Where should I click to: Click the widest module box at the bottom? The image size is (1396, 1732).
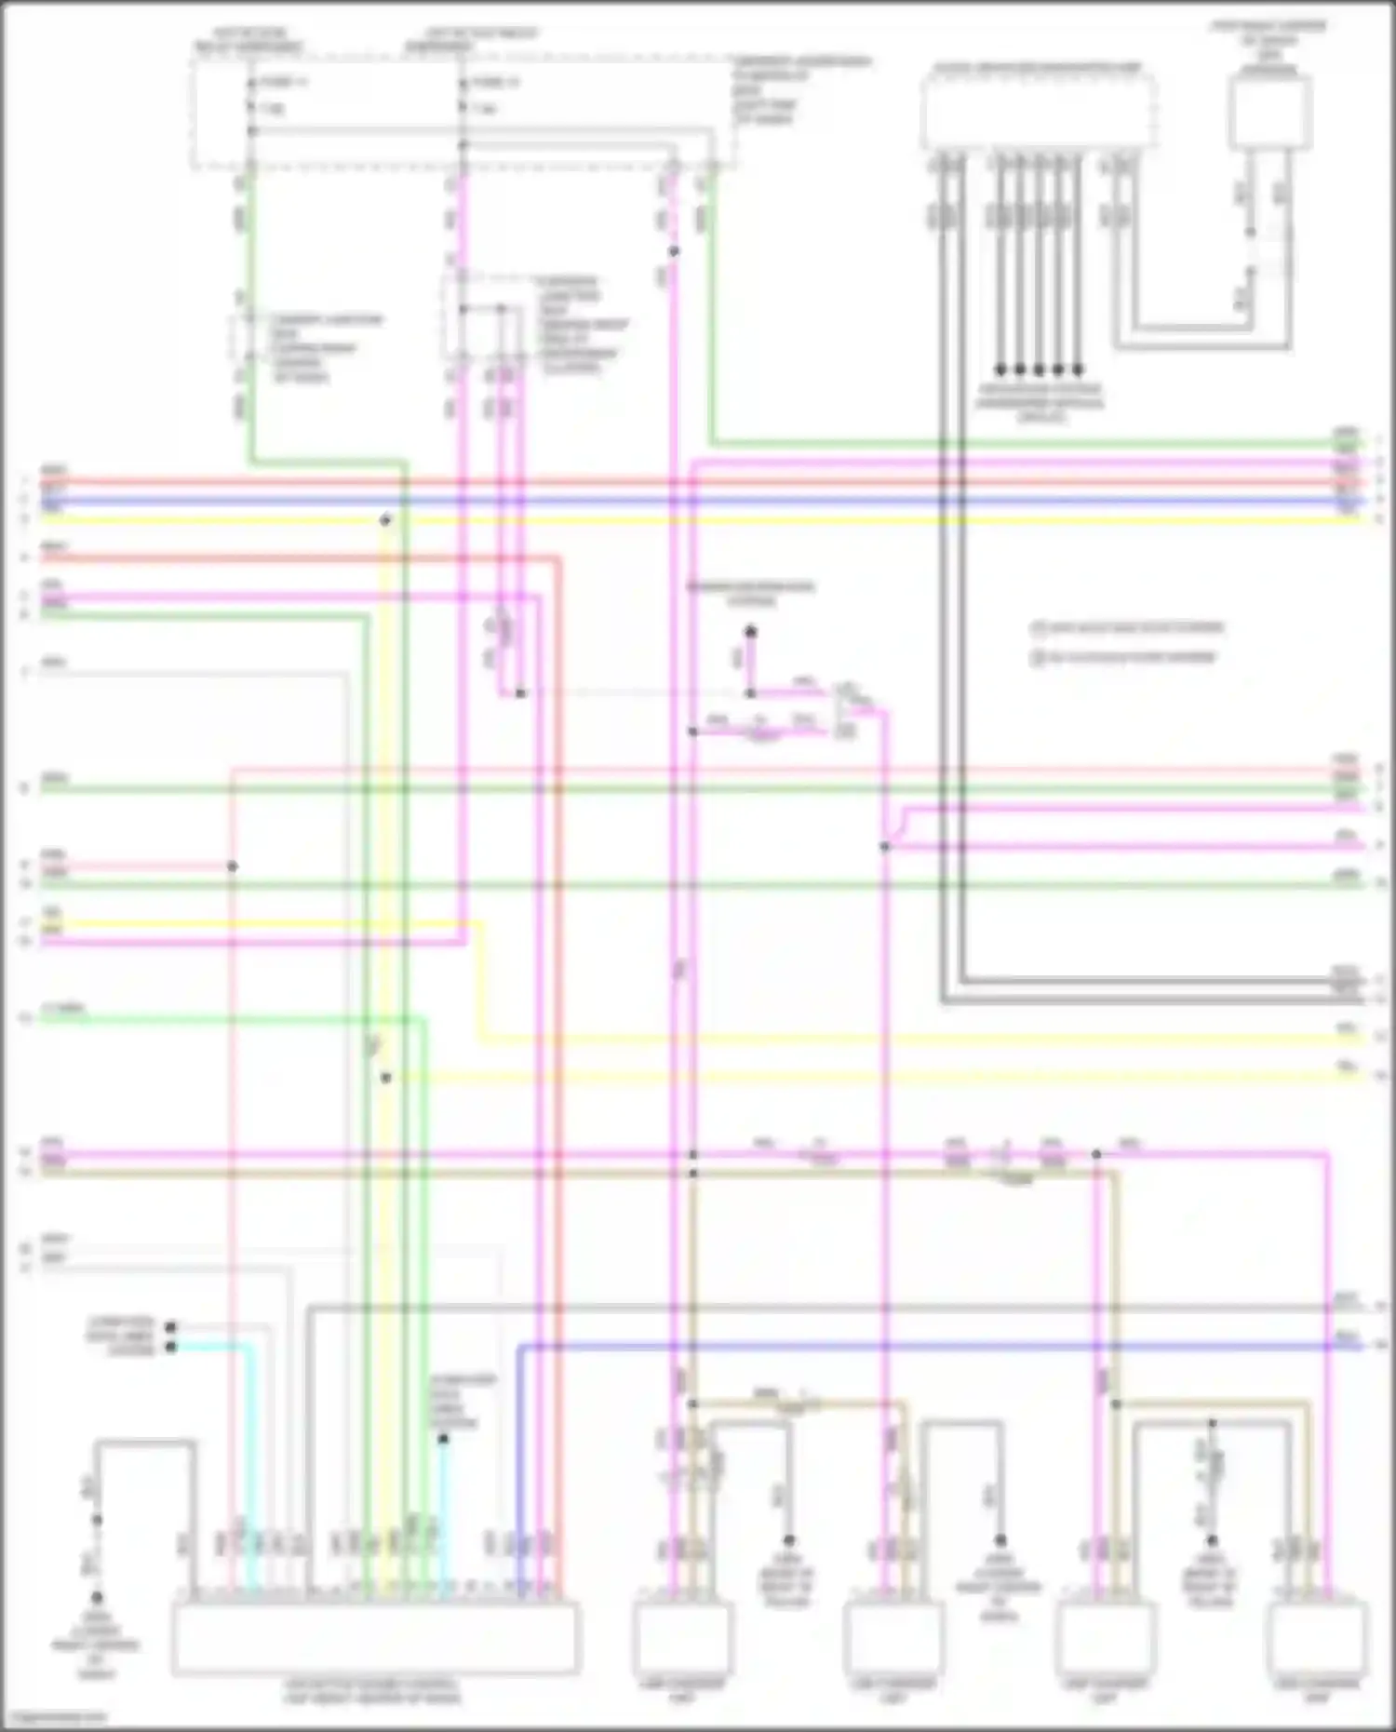(x=374, y=1638)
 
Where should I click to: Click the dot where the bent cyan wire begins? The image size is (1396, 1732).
(x=170, y=1347)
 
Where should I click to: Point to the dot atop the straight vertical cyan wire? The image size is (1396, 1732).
(x=444, y=1439)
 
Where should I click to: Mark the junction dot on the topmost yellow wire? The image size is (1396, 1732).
(x=384, y=520)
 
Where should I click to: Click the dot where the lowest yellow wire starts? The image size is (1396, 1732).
(x=385, y=1078)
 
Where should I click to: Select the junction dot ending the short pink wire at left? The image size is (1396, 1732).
(x=233, y=866)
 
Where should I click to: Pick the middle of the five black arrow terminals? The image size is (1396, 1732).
(x=1040, y=369)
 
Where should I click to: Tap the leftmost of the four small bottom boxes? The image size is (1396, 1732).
(x=682, y=1638)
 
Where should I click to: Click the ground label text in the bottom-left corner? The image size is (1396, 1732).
(x=96, y=1646)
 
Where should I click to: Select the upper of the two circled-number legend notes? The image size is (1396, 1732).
(x=1127, y=628)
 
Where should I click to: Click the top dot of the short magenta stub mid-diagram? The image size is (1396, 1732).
(x=750, y=632)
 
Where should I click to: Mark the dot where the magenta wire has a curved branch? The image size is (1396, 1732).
(x=885, y=847)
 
